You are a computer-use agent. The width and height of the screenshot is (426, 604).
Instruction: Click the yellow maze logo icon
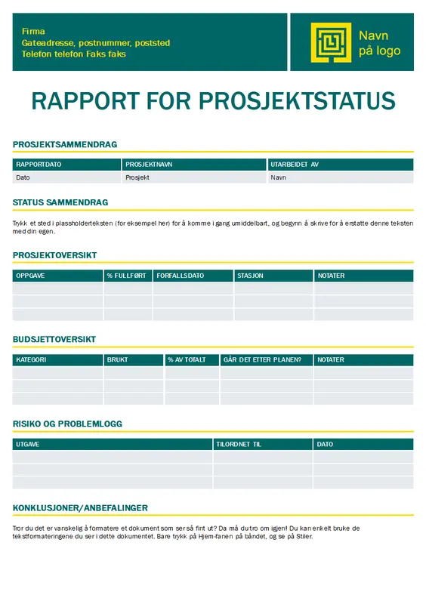(x=331, y=42)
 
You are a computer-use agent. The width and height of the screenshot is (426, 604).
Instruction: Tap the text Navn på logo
(x=379, y=43)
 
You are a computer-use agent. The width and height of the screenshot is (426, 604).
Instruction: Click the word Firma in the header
(x=33, y=32)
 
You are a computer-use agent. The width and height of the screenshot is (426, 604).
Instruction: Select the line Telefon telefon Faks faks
(x=74, y=54)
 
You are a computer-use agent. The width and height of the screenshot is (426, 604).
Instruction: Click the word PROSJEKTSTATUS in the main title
(x=296, y=101)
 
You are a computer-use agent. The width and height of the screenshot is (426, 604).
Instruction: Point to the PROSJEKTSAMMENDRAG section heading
(x=65, y=144)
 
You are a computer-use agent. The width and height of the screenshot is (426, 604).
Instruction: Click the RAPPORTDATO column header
(x=39, y=165)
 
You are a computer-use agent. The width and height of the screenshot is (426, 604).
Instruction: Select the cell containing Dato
(x=23, y=177)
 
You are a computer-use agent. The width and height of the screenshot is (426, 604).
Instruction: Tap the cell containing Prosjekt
(x=137, y=177)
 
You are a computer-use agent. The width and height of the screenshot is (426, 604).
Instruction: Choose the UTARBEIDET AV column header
(x=295, y=165)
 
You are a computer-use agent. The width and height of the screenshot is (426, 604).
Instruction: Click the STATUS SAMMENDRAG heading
(x=60, y=202)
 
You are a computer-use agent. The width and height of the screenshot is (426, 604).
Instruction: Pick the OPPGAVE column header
(x=30, y=276)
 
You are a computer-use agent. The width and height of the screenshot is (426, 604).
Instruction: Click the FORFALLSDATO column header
(x=180, y=276)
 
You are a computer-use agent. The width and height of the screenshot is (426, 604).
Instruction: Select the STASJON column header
(x=250, y=276)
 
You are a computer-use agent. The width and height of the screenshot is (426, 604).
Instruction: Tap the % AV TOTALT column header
(x=187, y=360)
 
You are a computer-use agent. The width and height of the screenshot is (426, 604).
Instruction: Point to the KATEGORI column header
(x=31, y=360)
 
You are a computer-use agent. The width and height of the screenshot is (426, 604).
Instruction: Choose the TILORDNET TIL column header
(x=239, y=445)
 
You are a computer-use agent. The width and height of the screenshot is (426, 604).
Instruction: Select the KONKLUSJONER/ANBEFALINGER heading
(x=80, y=508)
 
